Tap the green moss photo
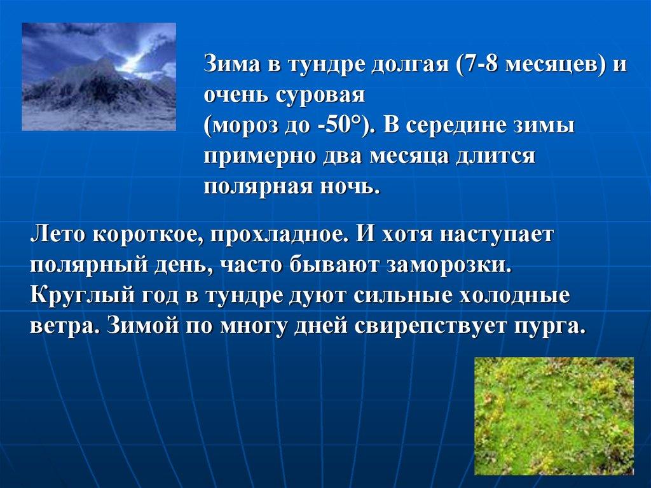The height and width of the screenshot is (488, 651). tap(554, 415)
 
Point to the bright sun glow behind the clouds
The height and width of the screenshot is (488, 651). tap(132, 63)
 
